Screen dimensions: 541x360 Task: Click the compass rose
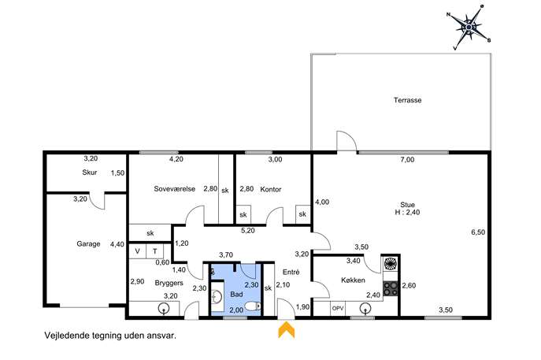469,27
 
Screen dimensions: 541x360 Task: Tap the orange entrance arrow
287,330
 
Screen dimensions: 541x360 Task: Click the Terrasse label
407,100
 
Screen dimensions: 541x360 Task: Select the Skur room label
89,173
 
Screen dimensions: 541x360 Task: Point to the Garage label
88,243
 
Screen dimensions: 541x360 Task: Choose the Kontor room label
271,189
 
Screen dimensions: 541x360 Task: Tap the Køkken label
353,280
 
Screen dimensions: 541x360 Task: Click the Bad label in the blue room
236,295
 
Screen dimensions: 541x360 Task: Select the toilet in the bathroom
253,306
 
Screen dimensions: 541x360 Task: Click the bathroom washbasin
217,296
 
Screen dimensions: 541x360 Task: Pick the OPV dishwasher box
338,308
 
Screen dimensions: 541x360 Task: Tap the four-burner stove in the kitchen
391,288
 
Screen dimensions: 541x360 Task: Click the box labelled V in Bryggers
137,251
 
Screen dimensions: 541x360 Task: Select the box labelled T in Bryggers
155,251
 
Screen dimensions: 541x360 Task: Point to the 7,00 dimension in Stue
407,159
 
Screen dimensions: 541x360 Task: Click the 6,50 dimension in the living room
478,232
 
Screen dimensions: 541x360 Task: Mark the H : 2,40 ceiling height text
407,212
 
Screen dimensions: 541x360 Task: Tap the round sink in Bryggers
163,308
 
